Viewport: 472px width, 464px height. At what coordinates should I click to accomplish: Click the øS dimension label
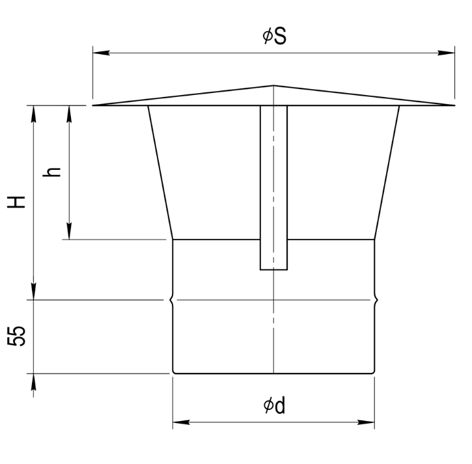coord(274,36)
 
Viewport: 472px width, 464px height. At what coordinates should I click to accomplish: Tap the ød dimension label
coord(274,405)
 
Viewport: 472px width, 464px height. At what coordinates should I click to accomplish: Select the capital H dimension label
coord(16,202)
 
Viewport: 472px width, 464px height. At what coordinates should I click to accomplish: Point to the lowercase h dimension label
coord(51,172)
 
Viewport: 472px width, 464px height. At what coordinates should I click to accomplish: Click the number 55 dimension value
coord(16,336)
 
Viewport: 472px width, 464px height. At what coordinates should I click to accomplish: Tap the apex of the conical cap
coord(273,86)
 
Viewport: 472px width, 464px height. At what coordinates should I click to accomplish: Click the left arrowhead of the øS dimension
coord(101,53)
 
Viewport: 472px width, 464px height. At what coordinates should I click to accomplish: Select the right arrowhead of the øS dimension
coord(446,53)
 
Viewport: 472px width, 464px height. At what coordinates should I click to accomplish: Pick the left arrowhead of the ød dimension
coord(181,422)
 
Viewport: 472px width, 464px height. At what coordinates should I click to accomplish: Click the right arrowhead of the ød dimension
coord(366,422)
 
